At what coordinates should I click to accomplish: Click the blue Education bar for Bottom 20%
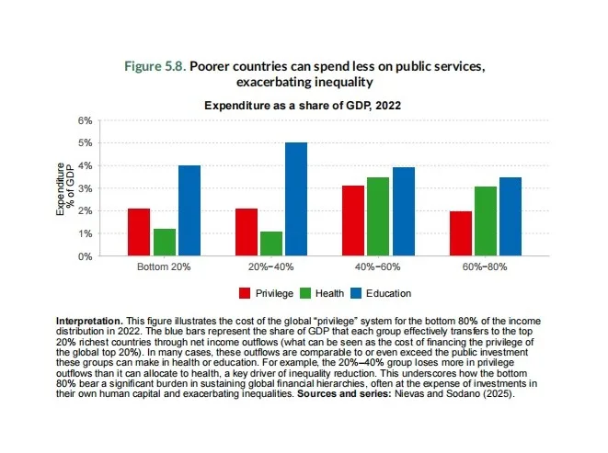tap(189, 210)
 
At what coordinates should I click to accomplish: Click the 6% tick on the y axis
tap(86, 120)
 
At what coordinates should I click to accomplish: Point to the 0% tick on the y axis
tap(86, 256)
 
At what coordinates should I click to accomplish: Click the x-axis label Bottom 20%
tap(163, 267)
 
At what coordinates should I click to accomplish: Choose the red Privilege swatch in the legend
tap(245, 293)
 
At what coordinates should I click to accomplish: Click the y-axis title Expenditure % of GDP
tap(64, 188)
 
